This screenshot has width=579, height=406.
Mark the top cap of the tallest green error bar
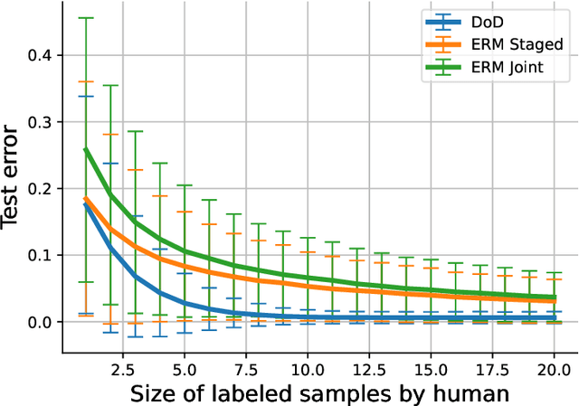pyautogui.click(x=86, y=17)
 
